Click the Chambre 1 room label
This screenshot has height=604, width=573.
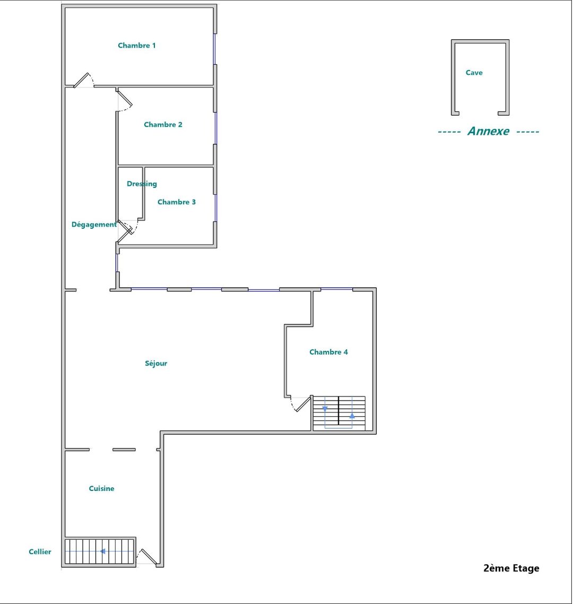tap(137, 46)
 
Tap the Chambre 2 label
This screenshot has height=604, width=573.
tap(163, 124)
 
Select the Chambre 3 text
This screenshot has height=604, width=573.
tap(176, 202)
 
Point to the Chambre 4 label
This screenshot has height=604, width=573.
tap(328, 352)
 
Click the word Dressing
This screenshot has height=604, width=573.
tap(142, 184)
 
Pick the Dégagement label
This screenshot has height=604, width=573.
tap(94, 225)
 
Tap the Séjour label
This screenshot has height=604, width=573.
tap(156, 363)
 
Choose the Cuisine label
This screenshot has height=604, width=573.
tap(102, 488)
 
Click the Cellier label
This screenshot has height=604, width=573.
tap(40, 551)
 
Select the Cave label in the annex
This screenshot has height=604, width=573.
tap(474, 72)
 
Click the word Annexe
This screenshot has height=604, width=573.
tap(488, 131)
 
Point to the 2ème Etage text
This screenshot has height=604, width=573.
tap(511, 568)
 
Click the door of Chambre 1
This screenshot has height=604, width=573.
tap(82, 81)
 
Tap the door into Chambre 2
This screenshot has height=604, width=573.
tap(125, 99)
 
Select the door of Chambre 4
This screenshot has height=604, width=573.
tap(302, 404)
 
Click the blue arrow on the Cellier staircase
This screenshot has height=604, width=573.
tap(103, 551)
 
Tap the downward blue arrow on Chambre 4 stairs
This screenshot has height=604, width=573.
tap(325, 409)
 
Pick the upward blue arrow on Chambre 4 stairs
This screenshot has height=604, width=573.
tap(352, 416)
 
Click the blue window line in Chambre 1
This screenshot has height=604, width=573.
tap(214, 49)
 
